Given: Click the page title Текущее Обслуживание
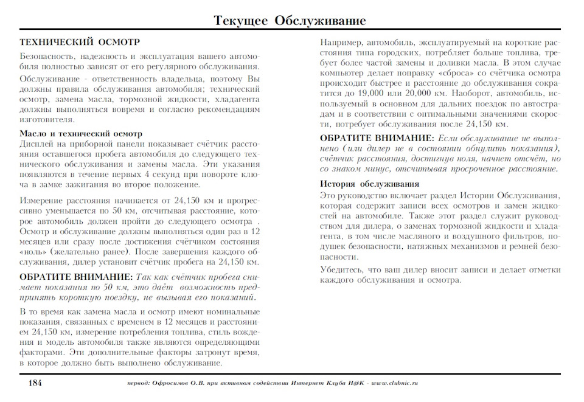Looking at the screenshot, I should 290,21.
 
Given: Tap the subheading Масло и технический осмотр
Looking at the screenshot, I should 81,133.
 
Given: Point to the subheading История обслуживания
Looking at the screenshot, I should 370,184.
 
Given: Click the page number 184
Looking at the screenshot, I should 34,383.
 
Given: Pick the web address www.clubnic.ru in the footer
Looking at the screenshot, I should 394,384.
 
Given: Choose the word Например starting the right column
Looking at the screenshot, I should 341,43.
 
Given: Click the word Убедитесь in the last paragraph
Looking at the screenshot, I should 344,269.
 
